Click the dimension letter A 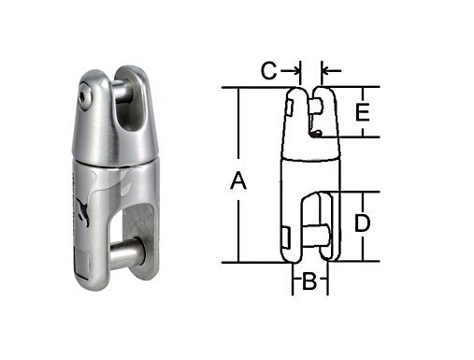238,181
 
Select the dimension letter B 309,281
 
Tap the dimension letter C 268,71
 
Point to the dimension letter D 362,223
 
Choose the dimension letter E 363,112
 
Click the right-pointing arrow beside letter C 290,71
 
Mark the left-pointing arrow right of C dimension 331,71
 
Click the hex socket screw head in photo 84,96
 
